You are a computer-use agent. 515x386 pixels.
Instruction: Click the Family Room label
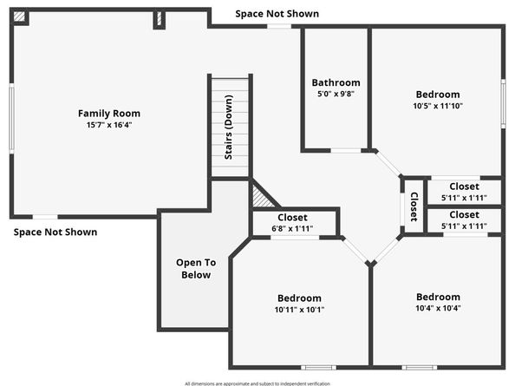point(108,113)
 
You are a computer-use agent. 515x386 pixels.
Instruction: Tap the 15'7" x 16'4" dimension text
point(108,125)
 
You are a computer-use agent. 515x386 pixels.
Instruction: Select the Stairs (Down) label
point(230,139)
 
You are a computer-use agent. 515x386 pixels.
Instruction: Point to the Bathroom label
point(336,83)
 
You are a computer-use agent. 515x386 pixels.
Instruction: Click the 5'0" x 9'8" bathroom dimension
point(336,95)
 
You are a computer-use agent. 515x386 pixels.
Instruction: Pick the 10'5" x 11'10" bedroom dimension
point(437,106)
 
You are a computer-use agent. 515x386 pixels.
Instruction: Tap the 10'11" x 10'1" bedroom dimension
point(298,309)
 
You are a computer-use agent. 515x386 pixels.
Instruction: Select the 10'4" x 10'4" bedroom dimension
point(438,308)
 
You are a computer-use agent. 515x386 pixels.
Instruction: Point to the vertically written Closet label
point(414,206)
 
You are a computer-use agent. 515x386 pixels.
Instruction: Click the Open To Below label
point(195,268)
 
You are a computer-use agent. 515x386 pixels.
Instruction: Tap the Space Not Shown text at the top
point(277,14)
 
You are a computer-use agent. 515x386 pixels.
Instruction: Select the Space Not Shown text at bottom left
point(55,232)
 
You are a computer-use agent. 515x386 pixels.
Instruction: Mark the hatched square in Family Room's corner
point(19,17)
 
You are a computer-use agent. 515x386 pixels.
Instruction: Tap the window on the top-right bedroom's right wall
point(502,104)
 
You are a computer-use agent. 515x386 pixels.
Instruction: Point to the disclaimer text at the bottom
point(257,382)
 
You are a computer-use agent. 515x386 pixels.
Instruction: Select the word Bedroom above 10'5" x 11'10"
point(437,95)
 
